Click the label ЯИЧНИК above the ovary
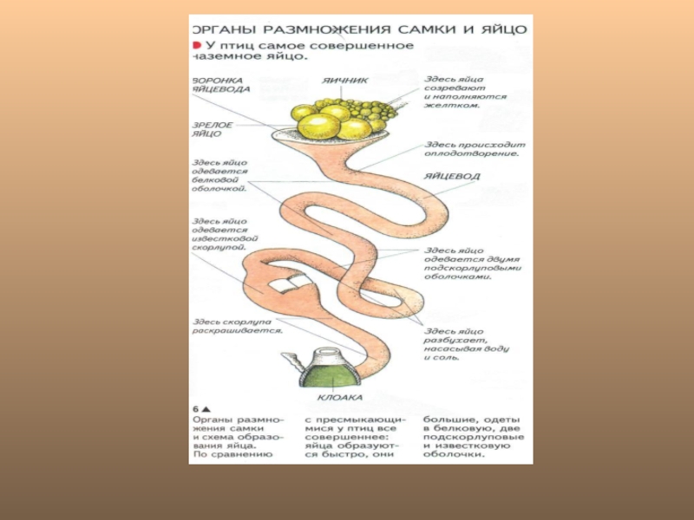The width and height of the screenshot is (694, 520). click(345, 81)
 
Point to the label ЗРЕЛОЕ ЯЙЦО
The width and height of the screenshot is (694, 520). click(212, 129)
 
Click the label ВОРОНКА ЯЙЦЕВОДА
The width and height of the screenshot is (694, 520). click(222, 83)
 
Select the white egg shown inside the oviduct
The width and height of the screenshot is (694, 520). click(283, 284)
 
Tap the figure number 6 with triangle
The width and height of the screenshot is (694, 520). click(200, 407)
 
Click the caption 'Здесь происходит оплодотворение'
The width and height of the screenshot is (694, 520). click(471, 149)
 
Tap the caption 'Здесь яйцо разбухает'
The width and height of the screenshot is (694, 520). click(465, 343)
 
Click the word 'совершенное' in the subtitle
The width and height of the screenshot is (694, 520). click(369, 45)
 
